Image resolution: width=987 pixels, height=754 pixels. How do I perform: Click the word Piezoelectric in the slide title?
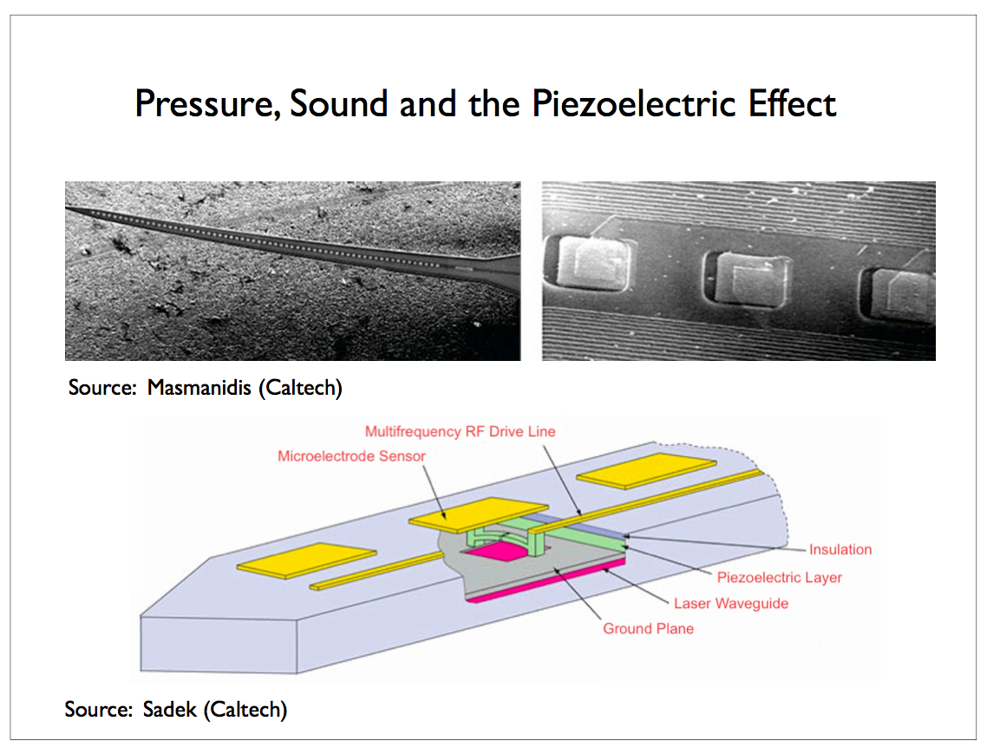[x=634, y=104]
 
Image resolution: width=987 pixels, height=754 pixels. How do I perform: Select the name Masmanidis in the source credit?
[x=199, y=387]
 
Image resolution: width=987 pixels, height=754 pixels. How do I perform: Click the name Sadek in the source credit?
[x=169, y=709]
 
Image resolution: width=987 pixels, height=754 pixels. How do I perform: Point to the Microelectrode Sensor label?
[x=351, y=456]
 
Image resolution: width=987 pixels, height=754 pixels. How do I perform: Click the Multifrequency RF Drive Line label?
[x=461, y=431]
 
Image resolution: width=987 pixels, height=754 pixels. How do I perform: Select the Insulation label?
[x=840, y=549]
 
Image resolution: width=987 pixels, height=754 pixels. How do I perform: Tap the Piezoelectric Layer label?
[x=779, y=577]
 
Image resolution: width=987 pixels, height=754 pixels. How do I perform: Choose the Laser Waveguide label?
[x=731, y=603]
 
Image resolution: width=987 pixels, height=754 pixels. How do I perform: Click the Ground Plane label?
[x=649, y=629]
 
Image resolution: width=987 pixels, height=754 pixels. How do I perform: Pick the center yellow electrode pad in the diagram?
[x=479, y=512]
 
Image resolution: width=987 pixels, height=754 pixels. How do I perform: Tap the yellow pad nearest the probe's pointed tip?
[x=306, y=560]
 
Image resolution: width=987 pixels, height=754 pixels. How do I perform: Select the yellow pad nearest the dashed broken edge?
[x=646, y=470]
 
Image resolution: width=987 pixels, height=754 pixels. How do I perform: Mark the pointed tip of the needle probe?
[x=67, y=207]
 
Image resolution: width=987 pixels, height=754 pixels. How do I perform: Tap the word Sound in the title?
[x=338, y=104]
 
